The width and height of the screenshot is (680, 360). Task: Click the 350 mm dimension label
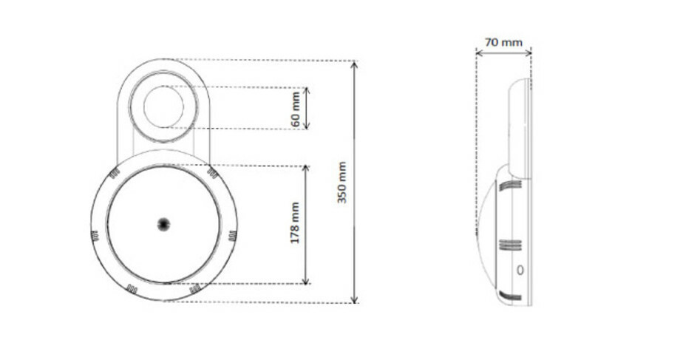[342, 183]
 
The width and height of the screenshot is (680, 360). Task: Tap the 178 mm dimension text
[295, 223]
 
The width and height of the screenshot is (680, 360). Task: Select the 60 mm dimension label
[296, 108]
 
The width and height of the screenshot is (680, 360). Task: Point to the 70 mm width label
[503, 42]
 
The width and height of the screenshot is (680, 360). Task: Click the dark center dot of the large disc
[163, 223]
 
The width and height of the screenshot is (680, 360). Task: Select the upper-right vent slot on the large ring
[213, 172]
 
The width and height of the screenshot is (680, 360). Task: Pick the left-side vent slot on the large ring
[94, 237]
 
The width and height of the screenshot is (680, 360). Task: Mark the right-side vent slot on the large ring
[232, 237]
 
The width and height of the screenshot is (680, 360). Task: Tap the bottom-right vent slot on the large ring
[195, 289]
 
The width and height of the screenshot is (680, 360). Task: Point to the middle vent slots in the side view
[507, 244]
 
